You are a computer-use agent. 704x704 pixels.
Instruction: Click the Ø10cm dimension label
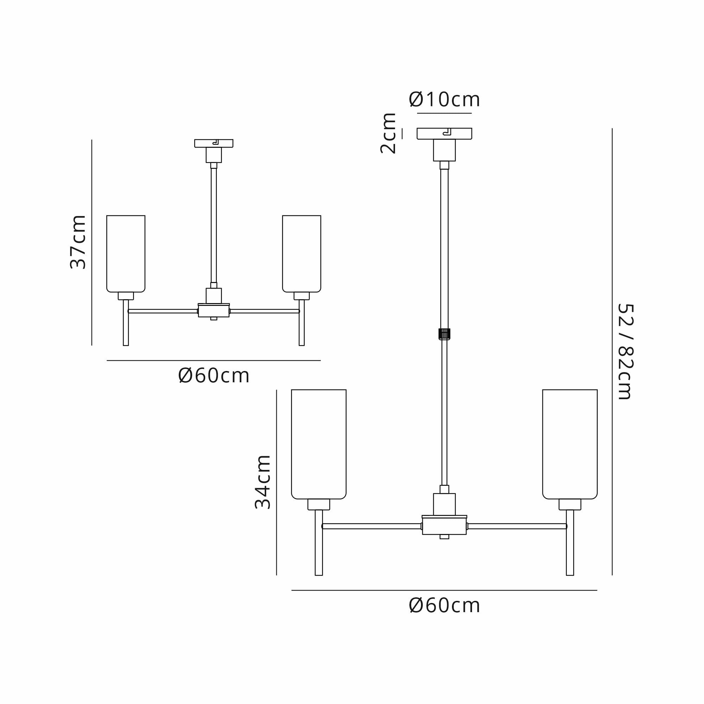[x=444, y=99]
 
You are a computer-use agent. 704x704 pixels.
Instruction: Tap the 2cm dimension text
[x=388, y=133]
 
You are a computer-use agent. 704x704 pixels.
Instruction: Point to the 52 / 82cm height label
[x=626, y=352]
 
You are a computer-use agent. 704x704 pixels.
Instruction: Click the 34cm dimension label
[x=262, y=482]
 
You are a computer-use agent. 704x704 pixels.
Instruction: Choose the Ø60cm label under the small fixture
[x=214, y=376]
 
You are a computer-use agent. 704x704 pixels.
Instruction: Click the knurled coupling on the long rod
[x=444, y=334]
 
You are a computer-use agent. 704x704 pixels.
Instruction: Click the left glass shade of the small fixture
[x=126, y=253]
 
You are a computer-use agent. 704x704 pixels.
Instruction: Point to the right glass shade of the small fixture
[x=301, y=253]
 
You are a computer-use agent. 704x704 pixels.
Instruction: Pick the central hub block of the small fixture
[x=214, y=311]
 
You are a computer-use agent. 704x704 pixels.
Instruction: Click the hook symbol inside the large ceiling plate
[x=447, y=132]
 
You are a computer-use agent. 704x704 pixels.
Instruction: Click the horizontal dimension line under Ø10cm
[x=444, y=113]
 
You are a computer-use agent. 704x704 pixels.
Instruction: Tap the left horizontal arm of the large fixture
[x=372, y=526]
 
